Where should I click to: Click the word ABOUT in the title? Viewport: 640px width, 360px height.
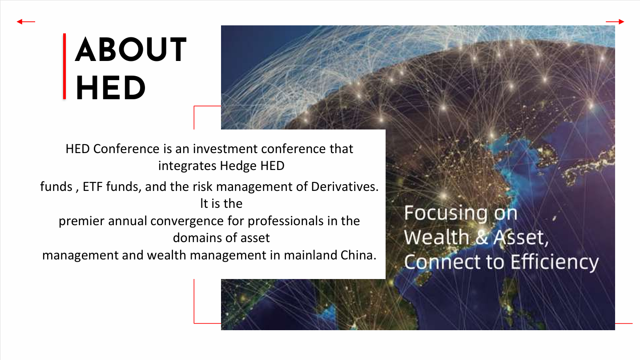pyautogui.click(x=131, y=49)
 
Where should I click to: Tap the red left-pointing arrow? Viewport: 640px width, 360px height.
pyautogui.click(x=26, y=21)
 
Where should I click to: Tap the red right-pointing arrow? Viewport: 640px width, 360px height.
pyautogui.click(x=615, y=21)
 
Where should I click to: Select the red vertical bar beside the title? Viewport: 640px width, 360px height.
pyautogui.click(x=64, y=66)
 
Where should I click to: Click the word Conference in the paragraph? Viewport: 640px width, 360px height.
pyautogui.click(x=126, y=149)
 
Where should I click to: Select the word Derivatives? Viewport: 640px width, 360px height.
pyautogui.click(x=345, y=187)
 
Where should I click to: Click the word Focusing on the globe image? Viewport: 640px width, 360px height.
pyautogui.click(x=446, y=213)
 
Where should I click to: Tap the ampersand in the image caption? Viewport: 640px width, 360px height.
pyautogui.click(x=482, y=238)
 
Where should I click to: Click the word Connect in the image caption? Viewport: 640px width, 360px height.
pyautogui.click(x=442, y=262)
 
